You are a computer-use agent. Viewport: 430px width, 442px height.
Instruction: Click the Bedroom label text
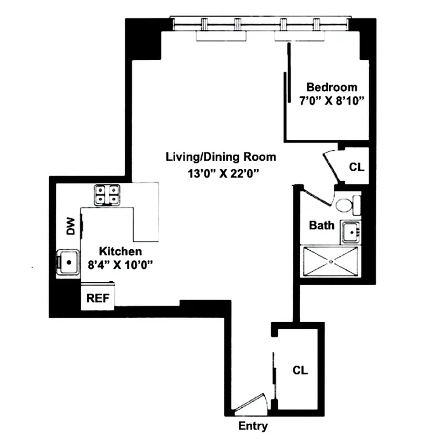[x=332, y=87]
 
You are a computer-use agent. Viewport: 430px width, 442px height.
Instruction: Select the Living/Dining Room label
[x=221, y=157]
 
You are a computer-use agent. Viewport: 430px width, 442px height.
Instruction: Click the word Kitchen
[x=117, y=252]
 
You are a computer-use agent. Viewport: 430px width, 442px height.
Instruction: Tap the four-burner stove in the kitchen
[x=107, y=194]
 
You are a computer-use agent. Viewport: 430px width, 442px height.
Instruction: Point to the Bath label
[x=321, y=225]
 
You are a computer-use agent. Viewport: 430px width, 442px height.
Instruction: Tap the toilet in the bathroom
[x=346, y=204]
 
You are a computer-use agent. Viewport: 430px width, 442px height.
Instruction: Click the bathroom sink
[x=350, y=232]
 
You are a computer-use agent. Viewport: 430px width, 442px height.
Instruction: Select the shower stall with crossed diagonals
[x=331, y=261]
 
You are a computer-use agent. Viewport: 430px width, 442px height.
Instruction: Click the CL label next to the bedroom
[x=356, y=166]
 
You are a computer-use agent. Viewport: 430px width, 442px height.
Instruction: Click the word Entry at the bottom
[x=253, y=426]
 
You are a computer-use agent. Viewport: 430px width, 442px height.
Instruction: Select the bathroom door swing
[x=314, y=196]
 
